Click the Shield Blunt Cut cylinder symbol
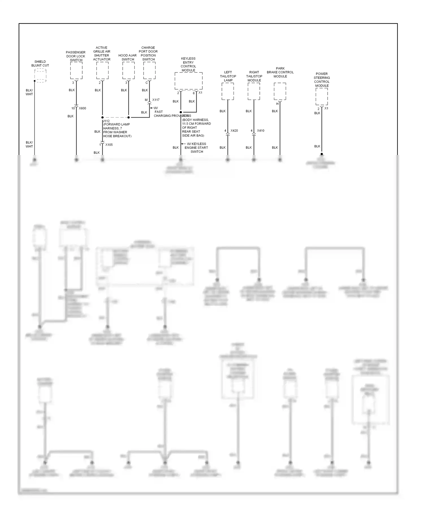pyautogui.click(x=40, y=76)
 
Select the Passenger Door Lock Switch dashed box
pyautogui.click(x=76, y=70)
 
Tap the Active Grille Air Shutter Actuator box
pyautogui.click(x=102, y=70)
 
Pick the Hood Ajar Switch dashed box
pyautogui.click(x=128, y=70)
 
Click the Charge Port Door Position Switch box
pyautogui.click(x=149, y=70)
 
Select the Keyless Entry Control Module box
pyautogui.click(x=189, y=81)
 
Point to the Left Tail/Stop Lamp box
pyautogui.click(x=228, y=91)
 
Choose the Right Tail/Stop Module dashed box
pyautogui.click(x=254, y=91)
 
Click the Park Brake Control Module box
pyautogui.click(x=280, y=91)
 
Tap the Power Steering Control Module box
pyautogui.click(x=322, y=96)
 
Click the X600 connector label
pyautogui.click(x=82, y=108)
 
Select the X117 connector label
pyautogui.click(x=156, y=100)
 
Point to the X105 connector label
pyautogui.click(x=109, y=145)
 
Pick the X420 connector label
pyautogui.click(x=234, y=131)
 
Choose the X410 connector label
pyautogui.click(x=260, y=131)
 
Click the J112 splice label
pyautogui.click(x=106, y=121)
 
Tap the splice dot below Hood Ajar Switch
pyautogui.click(x=129, y=117)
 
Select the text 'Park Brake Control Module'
pyautogui.click(x=280, y=72)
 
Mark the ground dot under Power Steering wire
pyautogui.click(x=322, y=154)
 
